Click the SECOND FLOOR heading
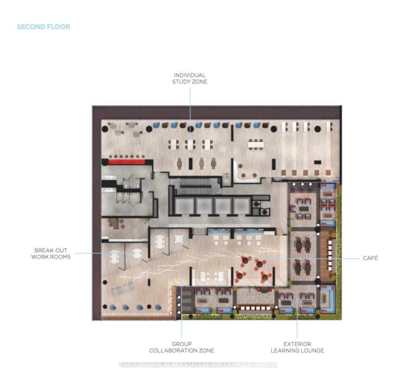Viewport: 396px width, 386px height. coord(43,27)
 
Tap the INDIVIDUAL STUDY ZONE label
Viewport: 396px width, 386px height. coord(190,79)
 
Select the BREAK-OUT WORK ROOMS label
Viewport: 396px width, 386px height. coord(51,254)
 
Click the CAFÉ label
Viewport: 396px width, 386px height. coord(370,258)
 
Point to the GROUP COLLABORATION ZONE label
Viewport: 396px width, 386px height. coord(181,347)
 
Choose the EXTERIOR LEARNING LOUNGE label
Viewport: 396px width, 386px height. coord(297,347)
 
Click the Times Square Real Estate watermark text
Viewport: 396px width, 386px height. coord(198,364)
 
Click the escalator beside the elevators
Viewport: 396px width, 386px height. coord(197,182)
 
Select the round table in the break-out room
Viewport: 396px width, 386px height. coord(179,239)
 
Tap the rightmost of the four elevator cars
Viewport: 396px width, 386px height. coord(241,205)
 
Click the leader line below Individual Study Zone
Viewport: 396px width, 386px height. coord(190,106)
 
